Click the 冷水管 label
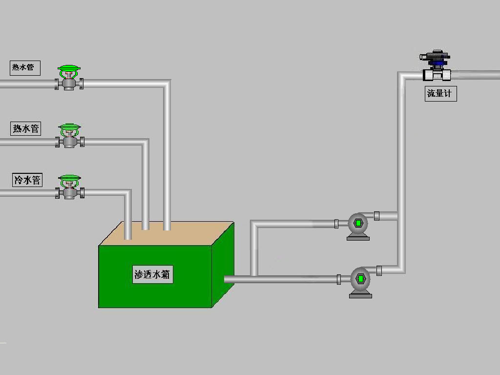(x=27, y=180)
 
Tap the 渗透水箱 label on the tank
(x=152, y=274)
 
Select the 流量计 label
(x=441, y=94)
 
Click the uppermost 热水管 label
(x=25, y=68)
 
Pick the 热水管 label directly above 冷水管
(x=25, y=128)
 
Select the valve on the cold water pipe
(x=69, y=187)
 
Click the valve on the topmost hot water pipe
(x=69, y=78)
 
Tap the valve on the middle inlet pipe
(x=69, y=136)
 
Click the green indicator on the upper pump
(x=358, y=223)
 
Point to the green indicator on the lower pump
(x=361, y=279)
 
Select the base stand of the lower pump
(x=361, y=294)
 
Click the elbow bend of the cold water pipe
(x=127, y=193)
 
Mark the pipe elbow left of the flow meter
(x=402, y=76)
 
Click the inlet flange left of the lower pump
(x=339, y=279)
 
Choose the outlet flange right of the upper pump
(x=376, y=216)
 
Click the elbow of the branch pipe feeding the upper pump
(x=254, y=224)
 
